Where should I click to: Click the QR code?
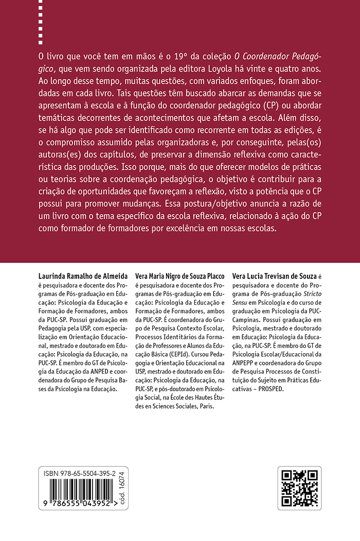point(299,488)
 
